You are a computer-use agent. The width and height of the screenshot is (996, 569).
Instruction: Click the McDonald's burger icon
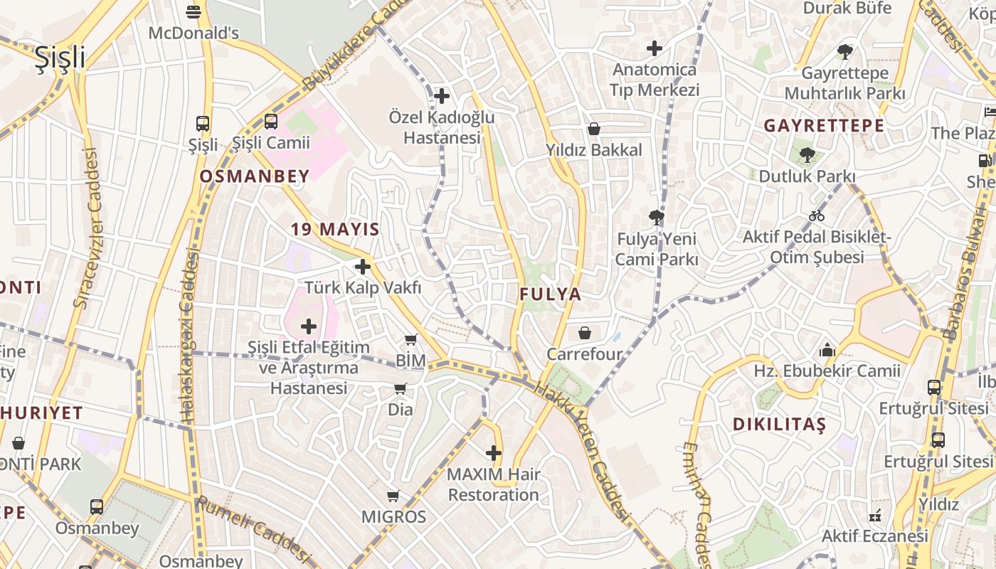(194, 12)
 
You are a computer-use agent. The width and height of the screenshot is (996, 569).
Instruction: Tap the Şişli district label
(60, 58)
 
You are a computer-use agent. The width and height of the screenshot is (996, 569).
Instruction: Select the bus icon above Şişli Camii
(271, 122)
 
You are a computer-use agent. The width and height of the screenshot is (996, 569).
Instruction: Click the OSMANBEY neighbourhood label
(255, 176)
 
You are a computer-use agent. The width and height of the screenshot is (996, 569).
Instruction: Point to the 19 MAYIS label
(335, 229)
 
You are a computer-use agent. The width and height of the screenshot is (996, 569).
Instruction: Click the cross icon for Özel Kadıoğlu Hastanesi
(442, 95)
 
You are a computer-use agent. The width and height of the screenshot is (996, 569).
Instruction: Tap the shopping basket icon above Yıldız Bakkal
(594, 129)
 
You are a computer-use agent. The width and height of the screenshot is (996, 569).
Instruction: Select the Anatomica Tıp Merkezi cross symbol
(655, 48)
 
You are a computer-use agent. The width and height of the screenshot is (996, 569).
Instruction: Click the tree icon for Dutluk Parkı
(807, 154)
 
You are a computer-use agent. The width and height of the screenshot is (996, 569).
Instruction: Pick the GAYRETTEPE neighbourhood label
(824, 126)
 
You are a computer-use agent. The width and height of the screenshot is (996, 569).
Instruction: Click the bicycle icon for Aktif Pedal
(817, 215)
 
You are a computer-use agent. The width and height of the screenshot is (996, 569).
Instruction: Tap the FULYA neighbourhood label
(550, 294)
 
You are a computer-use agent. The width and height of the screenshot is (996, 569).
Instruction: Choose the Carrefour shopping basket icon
(585, 333)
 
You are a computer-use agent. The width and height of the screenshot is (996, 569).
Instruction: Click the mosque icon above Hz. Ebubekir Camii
(827, 350)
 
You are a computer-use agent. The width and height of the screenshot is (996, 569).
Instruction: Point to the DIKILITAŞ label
(780, 425)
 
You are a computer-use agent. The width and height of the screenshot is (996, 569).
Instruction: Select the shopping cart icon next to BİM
(410, 340)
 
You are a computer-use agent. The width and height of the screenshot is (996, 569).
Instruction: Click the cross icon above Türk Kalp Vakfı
(363, 267)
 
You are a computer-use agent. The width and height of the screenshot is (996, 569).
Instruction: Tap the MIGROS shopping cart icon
(393, 496)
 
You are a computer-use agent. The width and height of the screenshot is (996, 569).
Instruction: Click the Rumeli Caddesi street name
(254, 530)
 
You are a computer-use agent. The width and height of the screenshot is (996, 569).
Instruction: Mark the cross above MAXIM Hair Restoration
(494, 453)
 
